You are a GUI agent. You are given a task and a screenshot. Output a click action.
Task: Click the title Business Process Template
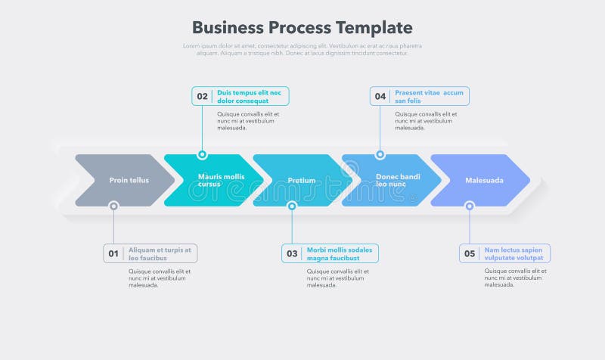point(302,28)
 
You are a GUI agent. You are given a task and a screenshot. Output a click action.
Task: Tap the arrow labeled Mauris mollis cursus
point(216,180)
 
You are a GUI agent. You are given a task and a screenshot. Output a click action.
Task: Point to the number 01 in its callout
point(113,254)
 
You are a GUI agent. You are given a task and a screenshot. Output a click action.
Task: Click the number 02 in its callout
point(202,97)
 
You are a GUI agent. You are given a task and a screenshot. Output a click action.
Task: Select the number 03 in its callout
point(292,254)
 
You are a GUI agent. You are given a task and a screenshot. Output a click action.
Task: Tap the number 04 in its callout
point(380,97)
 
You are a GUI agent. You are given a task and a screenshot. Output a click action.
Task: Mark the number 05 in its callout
point(470,254)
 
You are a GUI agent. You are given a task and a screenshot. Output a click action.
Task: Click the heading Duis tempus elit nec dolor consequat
point(249,97)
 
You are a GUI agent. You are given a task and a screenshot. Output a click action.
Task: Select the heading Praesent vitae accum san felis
point(429,97)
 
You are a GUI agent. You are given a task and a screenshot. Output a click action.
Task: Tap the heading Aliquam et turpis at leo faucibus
point(160,254)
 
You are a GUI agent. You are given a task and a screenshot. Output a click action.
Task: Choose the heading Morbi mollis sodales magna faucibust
point(340,254)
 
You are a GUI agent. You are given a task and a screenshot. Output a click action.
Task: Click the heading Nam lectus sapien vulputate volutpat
point(514,254)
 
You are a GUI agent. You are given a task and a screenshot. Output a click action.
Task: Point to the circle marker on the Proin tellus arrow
point(113,206)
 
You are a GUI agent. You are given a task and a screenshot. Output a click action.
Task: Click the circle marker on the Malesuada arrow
point(470,206)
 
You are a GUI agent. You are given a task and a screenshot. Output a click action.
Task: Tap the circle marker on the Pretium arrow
point(292,206)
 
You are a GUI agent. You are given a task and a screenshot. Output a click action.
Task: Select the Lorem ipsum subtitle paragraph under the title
point(302,50)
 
